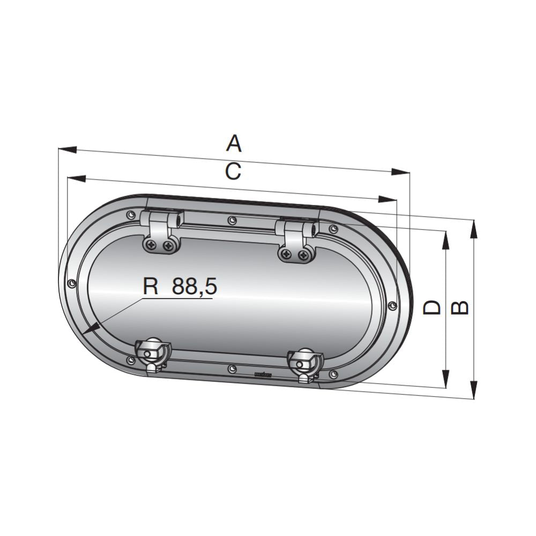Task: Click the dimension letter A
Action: [x=234, y=144]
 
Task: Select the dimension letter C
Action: [x=233, y=172]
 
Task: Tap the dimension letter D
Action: [x=431, y=308]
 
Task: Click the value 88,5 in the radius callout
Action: [x=194, y=287]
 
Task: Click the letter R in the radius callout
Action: [x=151, y=287]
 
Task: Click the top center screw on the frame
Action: [x=232, y=220]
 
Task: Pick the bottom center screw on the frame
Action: [x=231, y=369]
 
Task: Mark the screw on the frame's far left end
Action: [x=71, y=282]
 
